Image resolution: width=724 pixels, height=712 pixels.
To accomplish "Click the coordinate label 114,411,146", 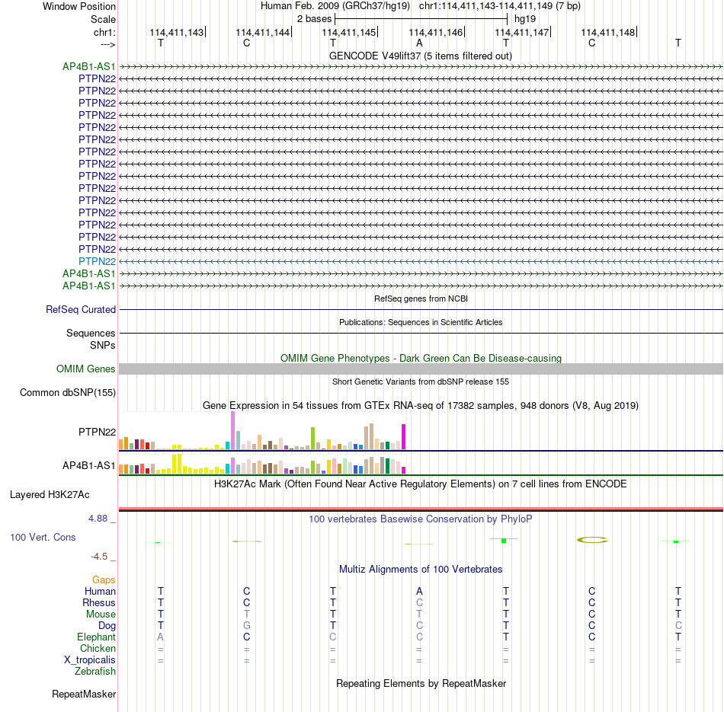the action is tap(435, 32).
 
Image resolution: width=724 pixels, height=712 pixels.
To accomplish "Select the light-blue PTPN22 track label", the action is tap(97, 262).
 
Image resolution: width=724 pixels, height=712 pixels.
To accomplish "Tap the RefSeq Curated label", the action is tap(81, 310).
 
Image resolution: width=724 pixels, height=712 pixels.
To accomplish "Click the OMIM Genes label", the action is tap(86, 369).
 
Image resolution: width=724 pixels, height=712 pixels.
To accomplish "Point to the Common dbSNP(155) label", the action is tap(68, 393).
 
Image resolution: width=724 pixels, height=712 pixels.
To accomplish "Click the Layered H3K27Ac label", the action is tap(50, 495).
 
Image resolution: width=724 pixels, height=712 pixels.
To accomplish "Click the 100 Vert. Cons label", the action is tap(43, 538).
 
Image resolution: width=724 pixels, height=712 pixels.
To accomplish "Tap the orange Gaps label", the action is tap(104, 580).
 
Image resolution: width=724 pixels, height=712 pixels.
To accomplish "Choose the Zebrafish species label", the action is tap(95, 672).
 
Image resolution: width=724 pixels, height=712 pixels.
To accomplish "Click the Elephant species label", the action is tap(97, 637).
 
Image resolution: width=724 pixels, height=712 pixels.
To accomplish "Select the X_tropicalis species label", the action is tap(90, 660).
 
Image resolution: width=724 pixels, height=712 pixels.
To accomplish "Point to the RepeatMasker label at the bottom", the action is tap(84, 694).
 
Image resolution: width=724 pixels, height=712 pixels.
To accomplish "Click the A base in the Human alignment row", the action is tap(419, 591).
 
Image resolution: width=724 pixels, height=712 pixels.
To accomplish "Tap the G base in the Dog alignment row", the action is tap(247, 626).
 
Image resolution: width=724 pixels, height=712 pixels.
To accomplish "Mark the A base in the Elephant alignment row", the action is tap(160, 637).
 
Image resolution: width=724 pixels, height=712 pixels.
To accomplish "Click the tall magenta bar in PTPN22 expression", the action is tap(404, 437).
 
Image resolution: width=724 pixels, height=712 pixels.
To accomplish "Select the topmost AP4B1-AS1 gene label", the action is tap(89, 66).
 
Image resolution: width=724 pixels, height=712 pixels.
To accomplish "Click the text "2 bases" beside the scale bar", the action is tap(314, 19).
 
